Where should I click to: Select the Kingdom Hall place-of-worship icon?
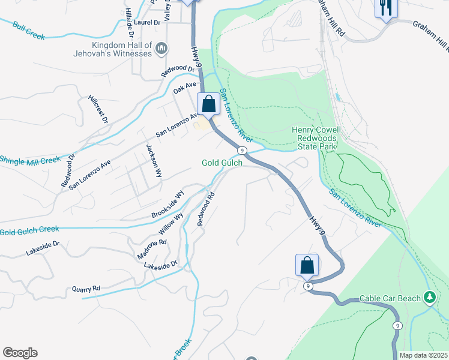[161, 48]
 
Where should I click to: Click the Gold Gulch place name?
[222, 163]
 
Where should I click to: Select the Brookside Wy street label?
[167, 205]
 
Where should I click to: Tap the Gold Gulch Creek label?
[29, 230]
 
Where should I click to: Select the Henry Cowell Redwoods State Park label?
[316, 138]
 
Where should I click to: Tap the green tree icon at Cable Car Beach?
[429, 298]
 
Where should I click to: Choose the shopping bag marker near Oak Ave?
[208, 104]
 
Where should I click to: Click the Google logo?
[20, 353]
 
